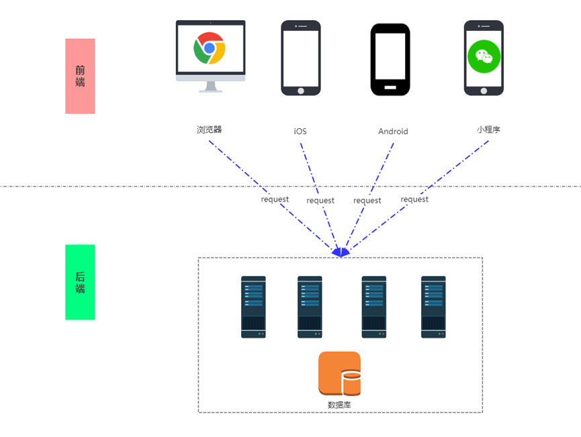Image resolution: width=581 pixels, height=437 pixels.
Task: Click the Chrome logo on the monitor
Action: click(210, 48)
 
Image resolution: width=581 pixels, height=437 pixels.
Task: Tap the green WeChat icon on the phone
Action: click(484, 56)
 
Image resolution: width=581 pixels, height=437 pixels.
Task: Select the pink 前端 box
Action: click(80, 76)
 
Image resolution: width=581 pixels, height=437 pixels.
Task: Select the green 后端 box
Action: click(80, 282)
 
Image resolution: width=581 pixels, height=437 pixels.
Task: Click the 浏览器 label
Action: click(209, 130)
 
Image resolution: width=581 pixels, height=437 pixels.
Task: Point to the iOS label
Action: click(300, 132)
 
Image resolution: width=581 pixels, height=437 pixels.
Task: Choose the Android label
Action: click(393, 132)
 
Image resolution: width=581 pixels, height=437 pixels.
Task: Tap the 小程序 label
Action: click(488, 130)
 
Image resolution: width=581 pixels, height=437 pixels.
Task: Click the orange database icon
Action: click(339, 374)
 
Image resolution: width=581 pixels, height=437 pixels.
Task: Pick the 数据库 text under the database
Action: click(339, 405)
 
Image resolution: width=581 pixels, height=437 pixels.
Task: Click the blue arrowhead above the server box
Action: click(341, 252)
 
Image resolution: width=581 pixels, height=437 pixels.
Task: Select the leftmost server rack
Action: click(253, 307)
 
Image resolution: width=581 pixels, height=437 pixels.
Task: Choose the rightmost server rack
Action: click(433, 307)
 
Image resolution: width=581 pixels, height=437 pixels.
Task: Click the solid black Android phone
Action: click(390, 59)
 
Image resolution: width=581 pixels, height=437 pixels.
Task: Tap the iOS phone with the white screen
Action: click(301, 58)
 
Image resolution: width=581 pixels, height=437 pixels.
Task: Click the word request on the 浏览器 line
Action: click(275, 199)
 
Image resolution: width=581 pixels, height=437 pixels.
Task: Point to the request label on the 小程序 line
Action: click(414, 199)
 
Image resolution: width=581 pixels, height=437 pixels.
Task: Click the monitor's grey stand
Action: click(210, 87)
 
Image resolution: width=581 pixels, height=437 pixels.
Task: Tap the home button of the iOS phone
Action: click(301, 91)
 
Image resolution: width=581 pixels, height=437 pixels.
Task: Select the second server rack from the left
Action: click(310, 307)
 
